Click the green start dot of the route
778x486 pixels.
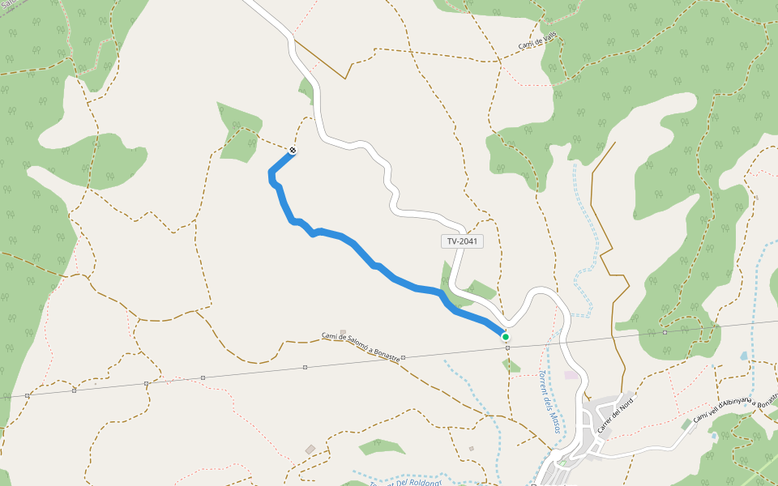pos(505,336)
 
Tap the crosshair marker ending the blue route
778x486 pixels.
pos(292,150)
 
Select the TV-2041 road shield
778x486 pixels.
pos(464,241)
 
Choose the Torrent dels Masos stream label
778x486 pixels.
pos(550,400)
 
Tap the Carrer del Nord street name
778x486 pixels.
pos(614,413)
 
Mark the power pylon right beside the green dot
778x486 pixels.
pos(507,347)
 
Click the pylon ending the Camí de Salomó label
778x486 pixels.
pos(403,356)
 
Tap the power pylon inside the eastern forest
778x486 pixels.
pos(665,332)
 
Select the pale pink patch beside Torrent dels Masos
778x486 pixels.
pos(572,375)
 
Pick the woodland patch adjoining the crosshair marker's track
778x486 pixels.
pos(239,134)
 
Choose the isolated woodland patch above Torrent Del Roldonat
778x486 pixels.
pos(381,446)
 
